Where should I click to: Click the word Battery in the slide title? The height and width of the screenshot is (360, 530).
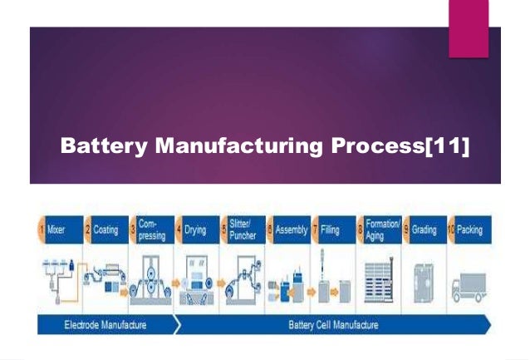pos(97,147)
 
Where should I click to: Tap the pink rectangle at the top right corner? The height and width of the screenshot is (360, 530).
pos(469,29)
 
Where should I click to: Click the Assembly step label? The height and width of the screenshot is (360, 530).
pos(291,229)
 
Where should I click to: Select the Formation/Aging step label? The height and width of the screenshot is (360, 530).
pos(383,230)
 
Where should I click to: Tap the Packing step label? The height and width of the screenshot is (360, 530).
pos(469,229)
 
